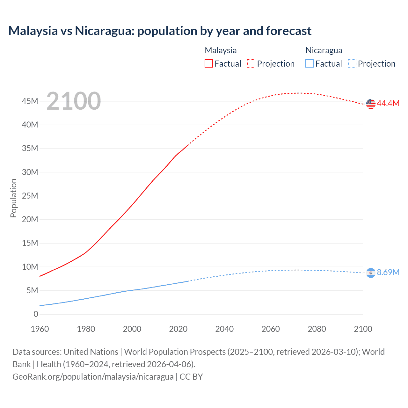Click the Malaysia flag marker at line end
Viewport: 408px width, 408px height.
coord(371,104)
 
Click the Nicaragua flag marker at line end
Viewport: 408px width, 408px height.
coord(371,273)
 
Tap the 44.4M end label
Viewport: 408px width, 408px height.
coord(388,103)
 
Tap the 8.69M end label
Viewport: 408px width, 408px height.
coord(388,272)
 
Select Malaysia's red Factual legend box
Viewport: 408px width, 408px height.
coord(209,63)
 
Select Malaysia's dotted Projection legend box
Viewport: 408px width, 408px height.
coord(251,63)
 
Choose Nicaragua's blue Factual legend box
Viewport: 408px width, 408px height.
coord(310,63)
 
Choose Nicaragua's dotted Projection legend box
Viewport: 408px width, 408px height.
coord(352,63)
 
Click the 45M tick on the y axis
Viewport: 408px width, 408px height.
coord(30,101)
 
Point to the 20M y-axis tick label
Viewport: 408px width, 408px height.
coord(30,219)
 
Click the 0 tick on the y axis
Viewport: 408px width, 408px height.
coord(36,314)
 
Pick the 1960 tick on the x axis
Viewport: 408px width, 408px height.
coord(40,329)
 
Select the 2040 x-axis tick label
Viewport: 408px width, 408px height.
coord(224,329)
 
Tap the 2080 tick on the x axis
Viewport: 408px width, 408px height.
coord(317,329)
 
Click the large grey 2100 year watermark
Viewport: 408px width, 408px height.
coord(74,101)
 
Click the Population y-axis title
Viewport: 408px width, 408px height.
coord(13,198)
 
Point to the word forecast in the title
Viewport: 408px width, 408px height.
coord(288,31)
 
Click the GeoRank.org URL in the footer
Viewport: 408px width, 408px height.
coord(93,376)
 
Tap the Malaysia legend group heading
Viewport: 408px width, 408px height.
coord(221,50)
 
